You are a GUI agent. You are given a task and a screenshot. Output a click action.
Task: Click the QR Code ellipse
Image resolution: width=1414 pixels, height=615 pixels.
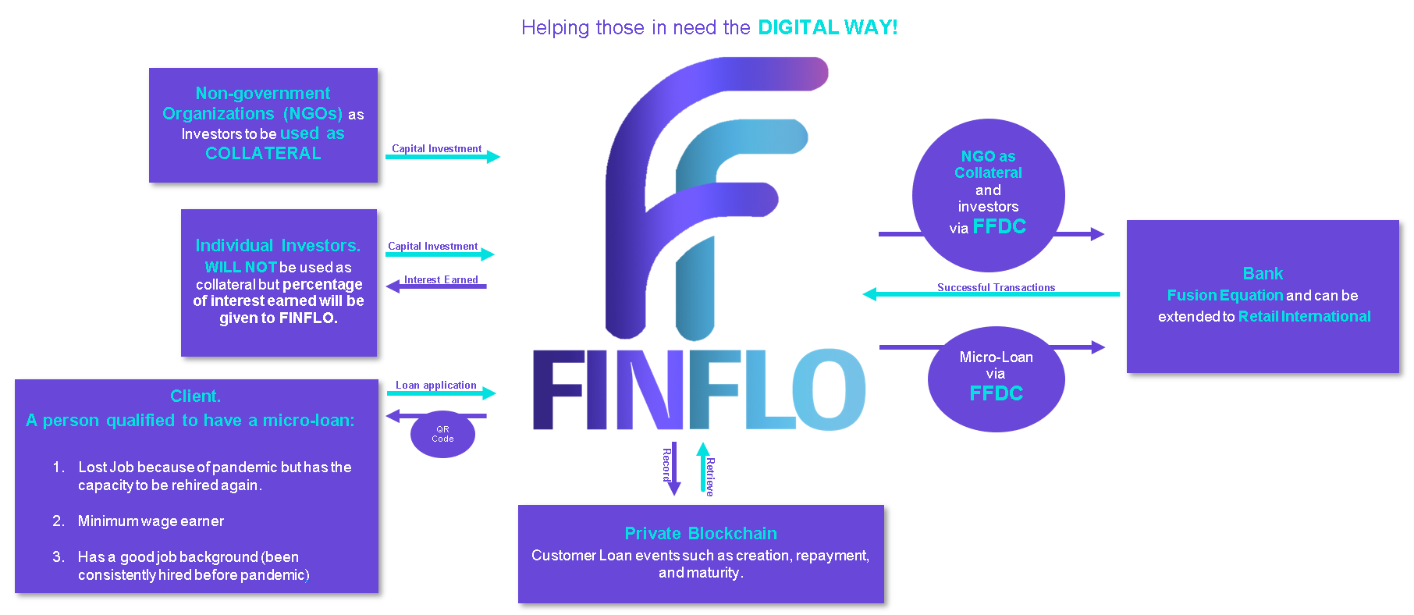[442, 434]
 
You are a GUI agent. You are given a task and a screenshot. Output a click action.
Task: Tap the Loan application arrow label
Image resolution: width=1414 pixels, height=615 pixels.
[435, 385]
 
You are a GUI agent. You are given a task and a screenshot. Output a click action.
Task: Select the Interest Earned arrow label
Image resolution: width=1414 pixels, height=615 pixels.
[441, 279]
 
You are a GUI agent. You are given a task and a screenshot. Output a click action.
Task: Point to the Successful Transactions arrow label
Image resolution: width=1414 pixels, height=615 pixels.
[996, 287]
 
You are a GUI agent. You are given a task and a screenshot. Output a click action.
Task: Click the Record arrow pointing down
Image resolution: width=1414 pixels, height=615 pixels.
[674, 468]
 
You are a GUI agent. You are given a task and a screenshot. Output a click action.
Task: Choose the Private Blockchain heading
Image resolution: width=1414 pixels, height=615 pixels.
[701, 533]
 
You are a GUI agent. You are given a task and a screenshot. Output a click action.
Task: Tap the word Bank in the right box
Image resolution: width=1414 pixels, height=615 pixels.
[1263, 273]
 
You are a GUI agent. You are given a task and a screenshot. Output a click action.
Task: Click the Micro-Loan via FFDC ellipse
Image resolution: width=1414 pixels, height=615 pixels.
[996, 379]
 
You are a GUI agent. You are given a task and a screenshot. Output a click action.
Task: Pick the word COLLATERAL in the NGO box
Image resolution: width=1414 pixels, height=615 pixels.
[263, 154]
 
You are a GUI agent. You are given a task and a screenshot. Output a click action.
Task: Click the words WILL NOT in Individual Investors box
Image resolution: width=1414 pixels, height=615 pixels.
[240, 267]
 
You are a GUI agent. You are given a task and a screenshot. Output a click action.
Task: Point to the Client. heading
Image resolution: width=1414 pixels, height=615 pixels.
[195, 396]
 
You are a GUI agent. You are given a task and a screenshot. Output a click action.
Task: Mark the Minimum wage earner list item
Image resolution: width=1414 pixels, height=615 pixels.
[151, 521]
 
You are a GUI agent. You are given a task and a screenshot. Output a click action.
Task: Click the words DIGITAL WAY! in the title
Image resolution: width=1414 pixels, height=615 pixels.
[828, 27]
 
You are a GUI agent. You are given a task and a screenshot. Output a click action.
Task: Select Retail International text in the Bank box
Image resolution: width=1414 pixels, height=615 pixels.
[1304, 316]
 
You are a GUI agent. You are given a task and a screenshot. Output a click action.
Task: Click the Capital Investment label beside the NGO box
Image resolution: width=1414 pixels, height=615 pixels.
[436, 148]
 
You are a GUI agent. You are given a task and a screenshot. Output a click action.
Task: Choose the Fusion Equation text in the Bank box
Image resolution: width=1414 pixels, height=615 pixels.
[1224, 295]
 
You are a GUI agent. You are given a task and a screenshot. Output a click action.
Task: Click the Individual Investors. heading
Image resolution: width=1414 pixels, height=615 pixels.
[278, 245]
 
